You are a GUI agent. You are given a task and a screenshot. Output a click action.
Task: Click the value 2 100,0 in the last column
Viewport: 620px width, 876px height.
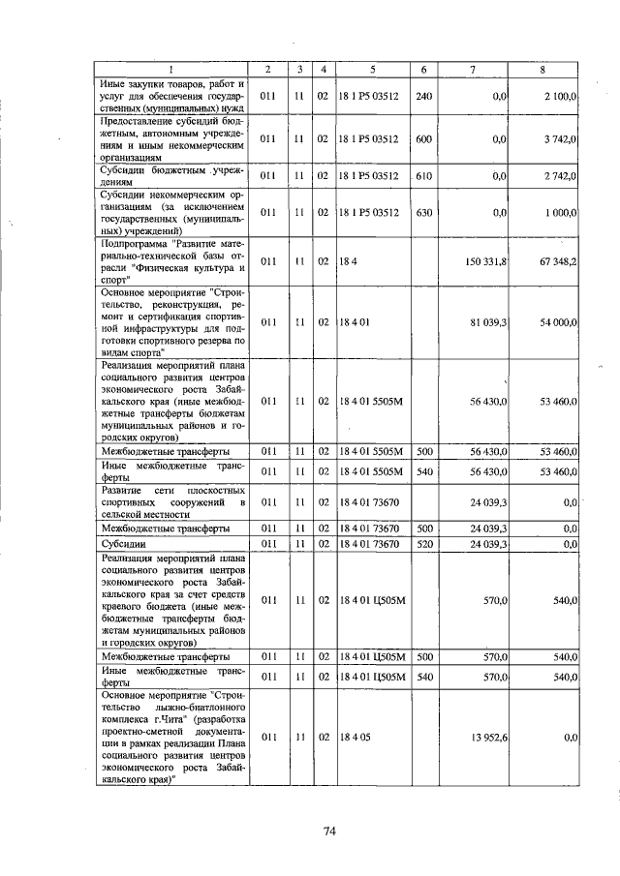560,97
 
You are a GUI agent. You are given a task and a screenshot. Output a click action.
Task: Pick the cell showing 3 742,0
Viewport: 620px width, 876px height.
560,139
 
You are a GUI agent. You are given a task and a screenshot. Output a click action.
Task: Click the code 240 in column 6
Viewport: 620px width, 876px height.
424,97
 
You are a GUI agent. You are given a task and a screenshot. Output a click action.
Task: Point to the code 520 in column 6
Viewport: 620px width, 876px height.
424,544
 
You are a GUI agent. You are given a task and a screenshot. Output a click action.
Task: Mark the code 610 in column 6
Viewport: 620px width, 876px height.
424,175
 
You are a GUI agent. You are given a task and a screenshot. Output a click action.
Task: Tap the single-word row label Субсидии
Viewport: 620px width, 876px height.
123,544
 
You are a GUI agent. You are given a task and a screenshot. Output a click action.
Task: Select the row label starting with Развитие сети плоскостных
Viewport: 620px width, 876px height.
172,502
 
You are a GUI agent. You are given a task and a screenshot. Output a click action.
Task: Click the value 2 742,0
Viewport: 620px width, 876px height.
560,175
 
